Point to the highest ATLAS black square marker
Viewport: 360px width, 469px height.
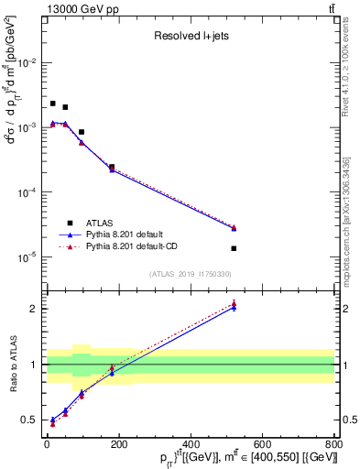53,104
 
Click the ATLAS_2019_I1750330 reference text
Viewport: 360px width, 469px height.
190,274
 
